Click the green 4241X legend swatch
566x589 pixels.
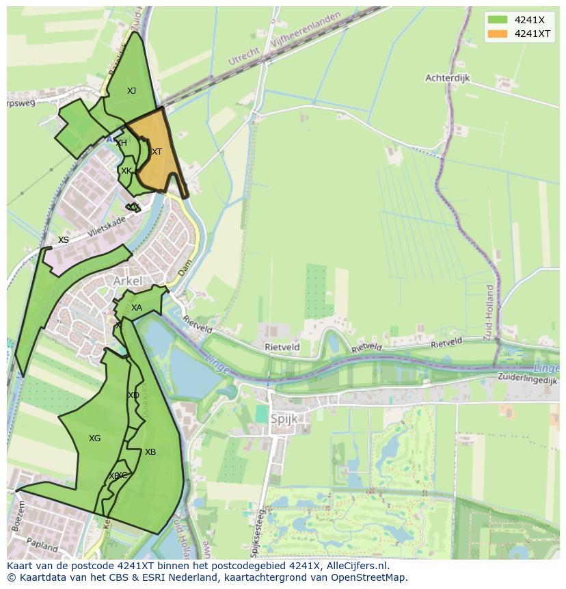tap(497, 20)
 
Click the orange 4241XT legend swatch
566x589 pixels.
tap(497, 34)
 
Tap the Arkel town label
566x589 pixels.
tap(128, 281)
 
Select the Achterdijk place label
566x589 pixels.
tap(448, 78)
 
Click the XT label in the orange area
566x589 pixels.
tap(157, 152)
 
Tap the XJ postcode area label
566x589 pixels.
tap(131, 91)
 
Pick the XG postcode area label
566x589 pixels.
tap(94, 439)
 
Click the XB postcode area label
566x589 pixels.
tap(150, 452)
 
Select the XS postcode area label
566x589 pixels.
tap(64, 240)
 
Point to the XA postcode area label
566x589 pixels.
tap(137, 308)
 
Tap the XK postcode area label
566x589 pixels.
tap(126, 171)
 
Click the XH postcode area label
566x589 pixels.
tap(121, 143)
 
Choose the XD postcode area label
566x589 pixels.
tap(133, 395)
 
